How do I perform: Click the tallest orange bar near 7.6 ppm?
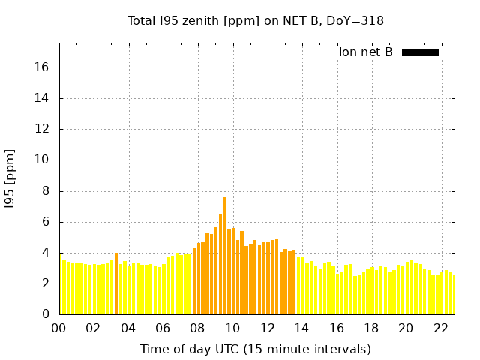tap(224, 255)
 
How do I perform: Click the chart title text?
tap(256, 21)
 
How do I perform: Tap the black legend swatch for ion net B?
tap(420, 52)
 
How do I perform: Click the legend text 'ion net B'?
tap(366, 52)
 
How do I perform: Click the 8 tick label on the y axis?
tap(46, 191)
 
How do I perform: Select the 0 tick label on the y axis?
tap(46, 314)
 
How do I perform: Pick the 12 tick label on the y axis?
tap(42, 129)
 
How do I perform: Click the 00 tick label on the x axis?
tap(59, 328)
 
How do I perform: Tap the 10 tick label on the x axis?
tap(232, 328)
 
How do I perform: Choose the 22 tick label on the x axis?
tap(440, 328)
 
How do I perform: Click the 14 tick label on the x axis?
tap(301, 328)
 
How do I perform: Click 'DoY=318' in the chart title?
tap(358, 21)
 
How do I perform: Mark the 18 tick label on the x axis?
tap(371, 328)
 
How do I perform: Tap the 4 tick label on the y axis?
tap(46, 253)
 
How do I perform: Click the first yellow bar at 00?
tap(61, 285)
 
